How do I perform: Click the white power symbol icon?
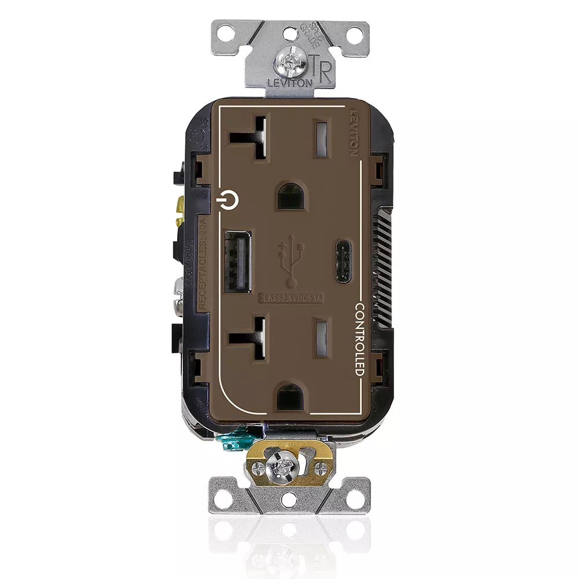229,200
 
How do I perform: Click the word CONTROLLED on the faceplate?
359,339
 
